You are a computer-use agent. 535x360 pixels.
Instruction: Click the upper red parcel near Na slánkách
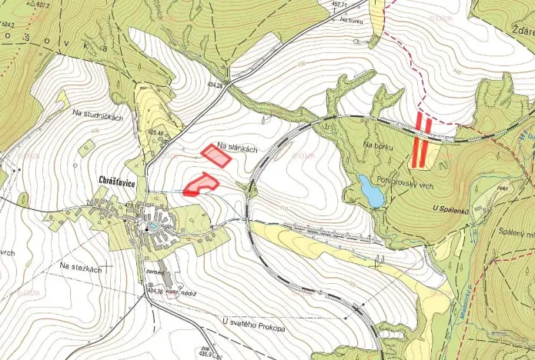click(x=216, y=155)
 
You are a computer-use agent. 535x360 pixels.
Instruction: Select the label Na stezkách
click(x=81, y=266)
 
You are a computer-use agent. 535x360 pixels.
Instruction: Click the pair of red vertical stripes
click(x=420, y=139)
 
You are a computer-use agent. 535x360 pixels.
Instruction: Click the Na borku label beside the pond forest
click(x=378, y=145)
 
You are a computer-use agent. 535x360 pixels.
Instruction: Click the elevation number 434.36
click(x=155, y=291)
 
